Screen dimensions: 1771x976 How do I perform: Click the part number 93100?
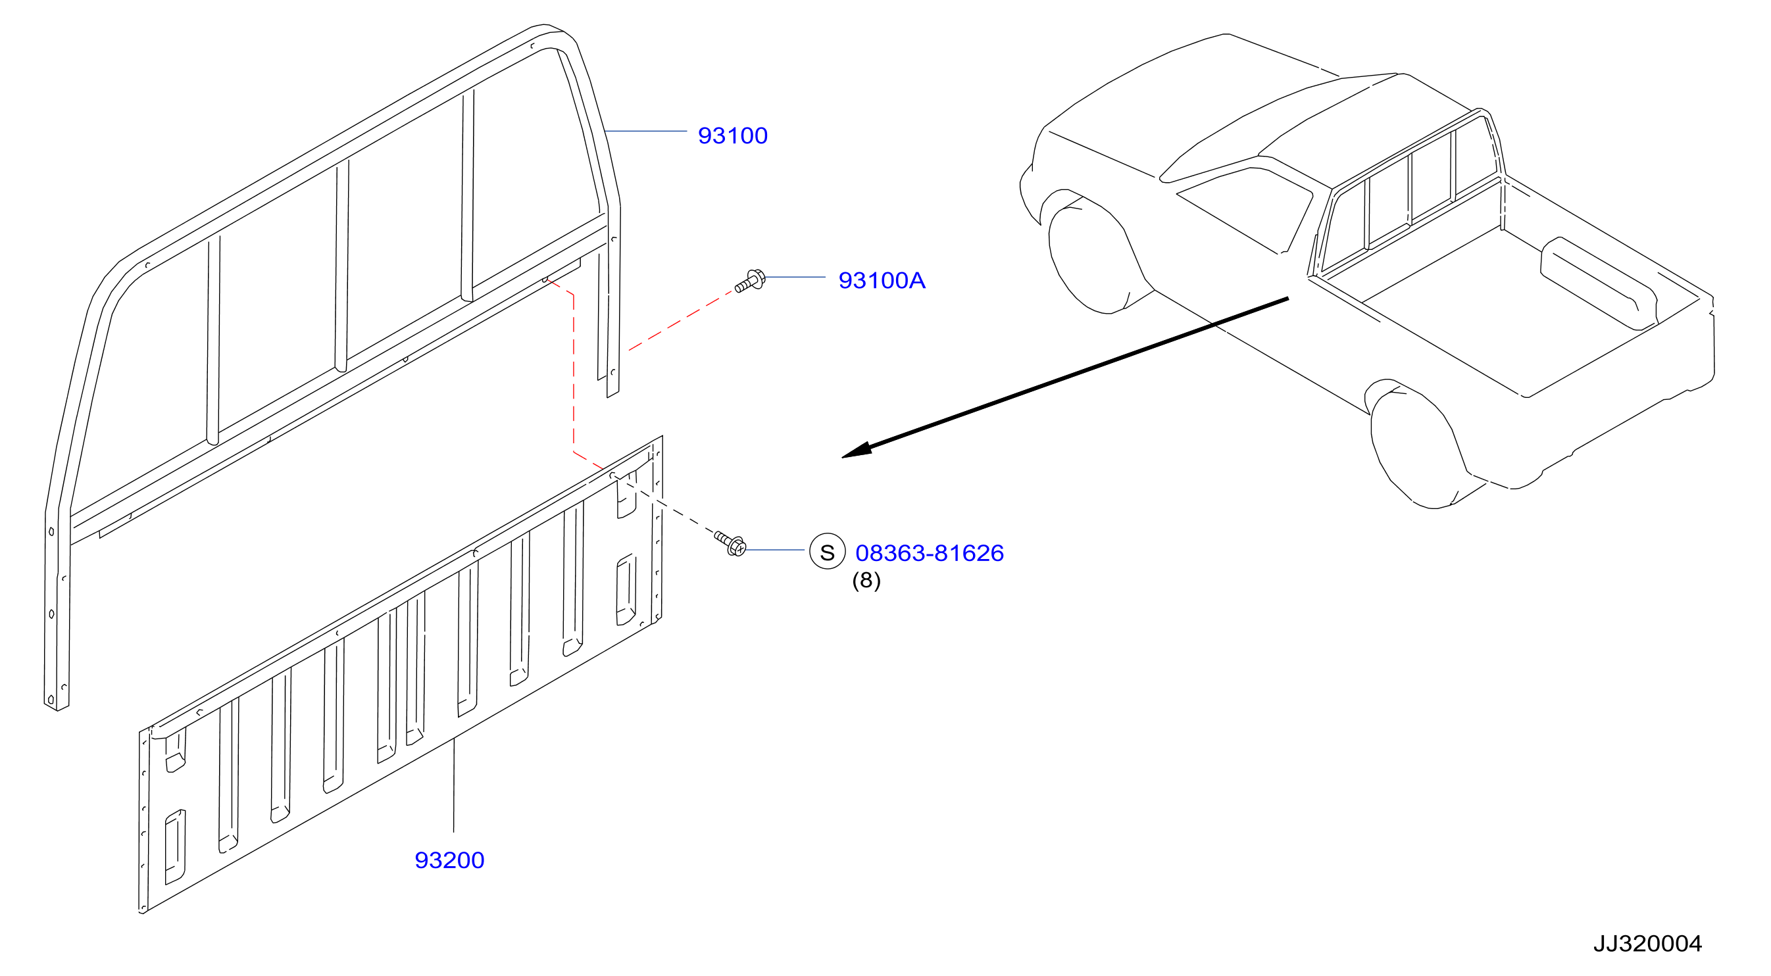point(732,135)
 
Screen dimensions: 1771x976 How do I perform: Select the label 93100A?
point(882,280)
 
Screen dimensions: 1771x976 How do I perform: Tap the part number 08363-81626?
point(930,553)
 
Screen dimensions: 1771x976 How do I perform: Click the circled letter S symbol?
point(827,551)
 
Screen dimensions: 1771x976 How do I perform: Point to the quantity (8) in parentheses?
point(866,581)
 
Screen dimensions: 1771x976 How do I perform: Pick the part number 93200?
point(449,860)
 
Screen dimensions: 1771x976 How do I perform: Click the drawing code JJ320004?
point(1648,944)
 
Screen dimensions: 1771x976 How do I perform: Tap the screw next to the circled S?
point(730,544)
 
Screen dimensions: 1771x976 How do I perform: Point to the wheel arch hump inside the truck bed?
point(1599,281)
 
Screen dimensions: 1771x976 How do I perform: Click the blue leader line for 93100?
point(645,131)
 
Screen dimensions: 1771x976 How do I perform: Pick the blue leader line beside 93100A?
point(795,277)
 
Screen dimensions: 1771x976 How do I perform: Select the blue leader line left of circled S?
point(776,550)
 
